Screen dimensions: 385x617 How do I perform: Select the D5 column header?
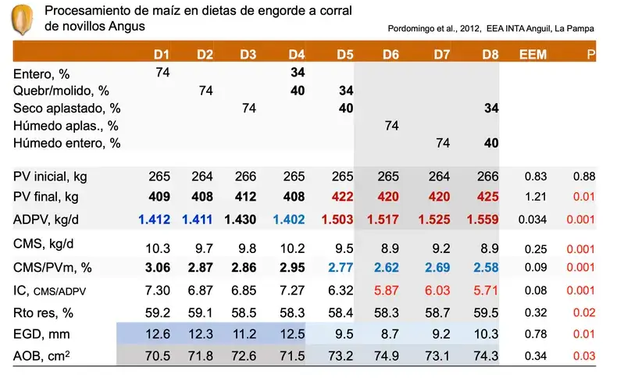(344, 55)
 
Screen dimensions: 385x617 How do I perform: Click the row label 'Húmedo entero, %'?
(67, 143)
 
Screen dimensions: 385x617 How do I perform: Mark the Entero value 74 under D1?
(162, 73)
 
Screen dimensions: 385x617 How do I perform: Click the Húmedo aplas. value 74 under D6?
(392, 125)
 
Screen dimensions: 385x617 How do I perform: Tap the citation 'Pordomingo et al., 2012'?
(433, 29)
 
